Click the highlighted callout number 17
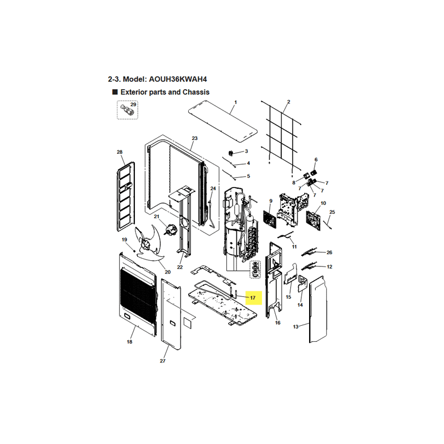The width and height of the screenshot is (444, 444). pyautogui.click(x=253, y=297)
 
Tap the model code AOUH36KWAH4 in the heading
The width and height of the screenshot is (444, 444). pyautogui.click(x=178, y=79)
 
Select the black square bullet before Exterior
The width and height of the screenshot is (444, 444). pyautogui.click(x=115, y=92)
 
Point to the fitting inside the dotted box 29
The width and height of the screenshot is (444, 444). pyautogui.click(x=126, y=110)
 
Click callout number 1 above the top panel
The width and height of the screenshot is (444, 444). pyautogui.click(x=235, y=102)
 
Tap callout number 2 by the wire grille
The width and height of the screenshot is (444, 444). pyautogui.click(x=289, y=102)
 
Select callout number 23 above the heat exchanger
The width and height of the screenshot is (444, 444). pyautogui.click(x=195, y=138)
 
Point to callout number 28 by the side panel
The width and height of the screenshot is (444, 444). pyautogui.click(x=119, y=152)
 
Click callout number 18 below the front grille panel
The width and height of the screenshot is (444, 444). pyautogui.click(x=129, y=342)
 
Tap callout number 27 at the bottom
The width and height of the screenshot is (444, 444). pyautogui.click(x=163, y=361)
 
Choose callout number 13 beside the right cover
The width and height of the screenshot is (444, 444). pyautogui.click(x=296, y=327)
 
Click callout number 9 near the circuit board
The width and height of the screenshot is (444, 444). pyautogui.click(x=271, y=201)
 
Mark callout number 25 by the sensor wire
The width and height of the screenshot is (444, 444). pyautogui.click(x=332, y=212)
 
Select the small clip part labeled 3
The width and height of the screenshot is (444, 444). pyautogui.click(x=231, y=153)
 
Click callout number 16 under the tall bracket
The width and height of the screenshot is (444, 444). pyautogui.click(x=277, y=322)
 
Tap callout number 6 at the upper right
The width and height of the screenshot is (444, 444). pyautogui.click(x=316, y=160)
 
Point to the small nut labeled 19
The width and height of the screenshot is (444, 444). pyautogui.click(x=134, y=251)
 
